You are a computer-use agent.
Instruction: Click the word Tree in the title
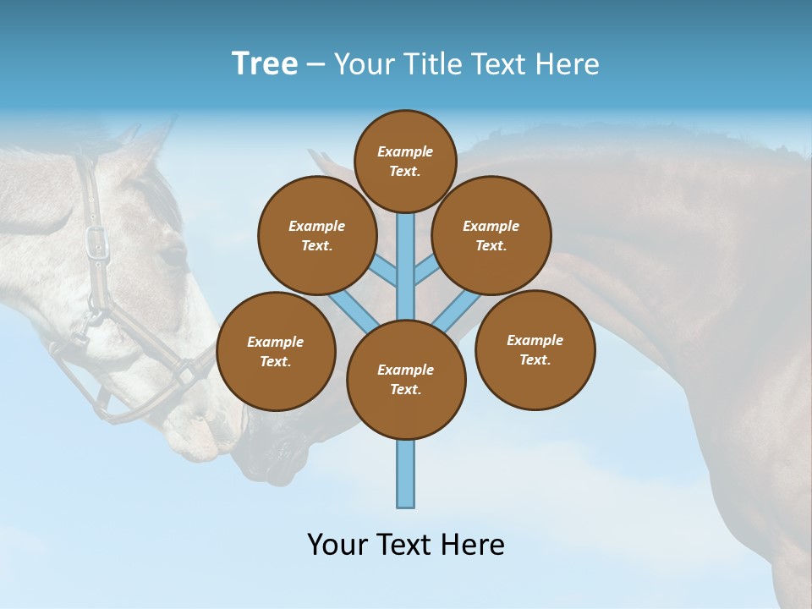[x=265, y=64]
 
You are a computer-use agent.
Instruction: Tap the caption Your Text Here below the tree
[x=406, y=545]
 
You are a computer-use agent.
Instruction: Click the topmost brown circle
[x=405, y=161]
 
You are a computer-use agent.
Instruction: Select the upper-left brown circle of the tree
[x=316, y=236]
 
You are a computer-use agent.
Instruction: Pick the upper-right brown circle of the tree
[x=491, y=236]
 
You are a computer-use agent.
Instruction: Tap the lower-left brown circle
[x=276, y=352]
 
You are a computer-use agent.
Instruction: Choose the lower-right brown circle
[x=535, y=350]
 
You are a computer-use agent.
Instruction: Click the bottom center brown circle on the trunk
[x=406, y=380]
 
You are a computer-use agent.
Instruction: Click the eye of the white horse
[x=173, y=254]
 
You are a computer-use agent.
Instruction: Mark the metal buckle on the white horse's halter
[x=98, y=240]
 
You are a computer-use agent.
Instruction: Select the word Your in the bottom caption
[x=337, y=545]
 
